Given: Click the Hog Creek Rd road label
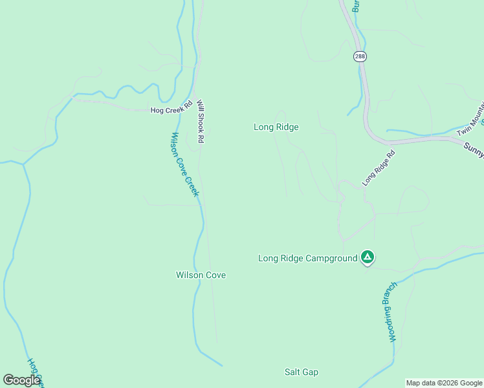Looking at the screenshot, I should [x=171, y=109].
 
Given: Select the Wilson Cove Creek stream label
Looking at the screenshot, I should [x=185, y=165].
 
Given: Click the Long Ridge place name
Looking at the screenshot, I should [x=276, y=127].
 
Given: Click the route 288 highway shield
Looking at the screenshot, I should [x=360, y=57].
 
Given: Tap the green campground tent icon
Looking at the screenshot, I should [x=368, y=257].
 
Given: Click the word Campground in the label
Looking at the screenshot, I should [x=331, y=258].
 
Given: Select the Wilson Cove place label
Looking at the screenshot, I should [x=201, y=275].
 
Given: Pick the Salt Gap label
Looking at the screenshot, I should [x=302, y=372].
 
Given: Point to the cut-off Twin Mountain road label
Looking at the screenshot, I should [x=470, y=119].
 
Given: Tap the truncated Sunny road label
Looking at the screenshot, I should [x=474, y=148].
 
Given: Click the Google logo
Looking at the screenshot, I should [x=21, y=380].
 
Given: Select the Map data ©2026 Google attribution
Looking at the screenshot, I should [x=445, y=383].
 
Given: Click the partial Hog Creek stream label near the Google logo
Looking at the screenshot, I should [x=35, y=371].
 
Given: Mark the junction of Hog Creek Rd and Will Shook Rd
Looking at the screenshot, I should [x=196, y=111].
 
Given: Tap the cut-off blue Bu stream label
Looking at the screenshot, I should [x=355, y=6].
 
